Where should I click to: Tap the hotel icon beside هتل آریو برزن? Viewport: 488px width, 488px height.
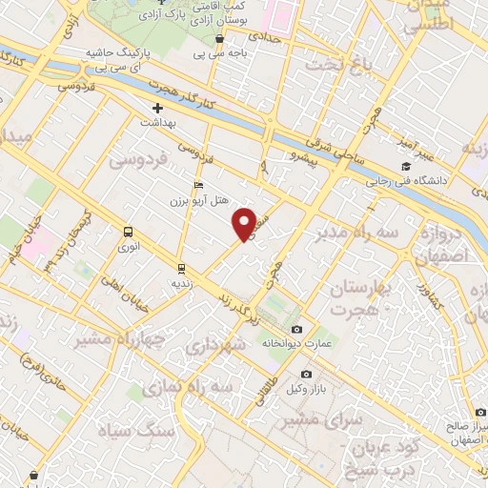198,185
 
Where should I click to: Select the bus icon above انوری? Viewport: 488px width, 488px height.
129,231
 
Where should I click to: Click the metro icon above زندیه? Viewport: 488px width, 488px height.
181,268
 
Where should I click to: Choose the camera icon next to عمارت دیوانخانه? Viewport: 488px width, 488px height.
296,330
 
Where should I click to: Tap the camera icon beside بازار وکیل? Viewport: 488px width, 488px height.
305,375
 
